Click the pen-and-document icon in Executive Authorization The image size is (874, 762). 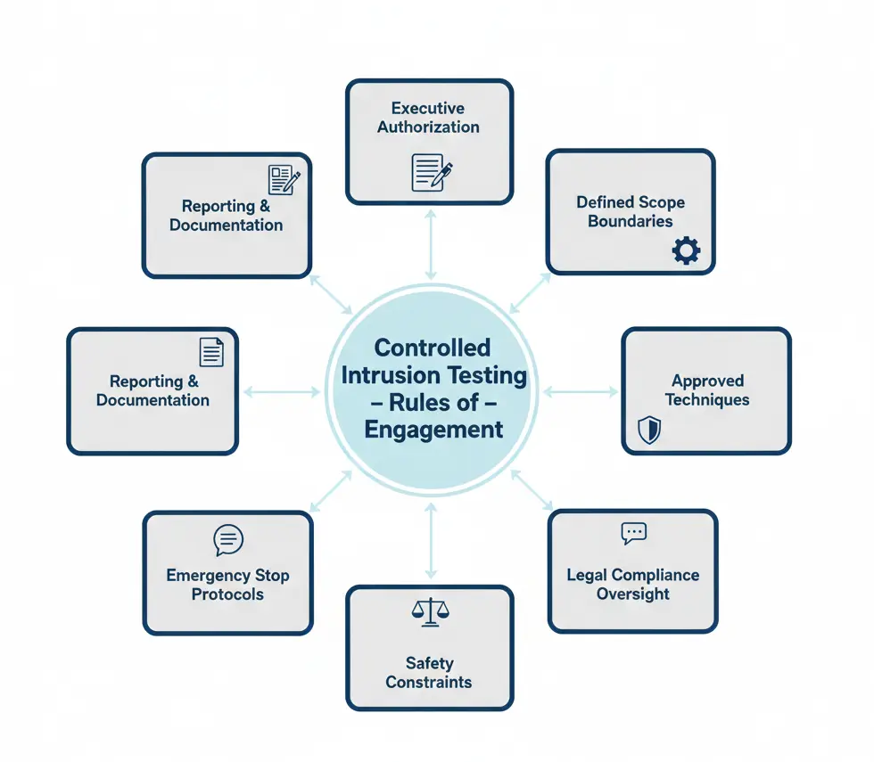click(x=432, y=172)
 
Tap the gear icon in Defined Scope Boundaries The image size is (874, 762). click(x=686, y=251)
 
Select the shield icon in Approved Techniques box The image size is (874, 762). click(x=649, y=430)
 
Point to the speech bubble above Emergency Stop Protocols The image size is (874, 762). click(x=228, y=540)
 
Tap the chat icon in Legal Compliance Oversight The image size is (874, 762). click(x=633, y=534)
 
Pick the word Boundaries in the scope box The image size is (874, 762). click(x=630, y=221)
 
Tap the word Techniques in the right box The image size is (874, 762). click(x=706, y=400)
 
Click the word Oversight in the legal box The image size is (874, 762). click(x=632, y=594)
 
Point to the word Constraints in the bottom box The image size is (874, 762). click(x=429, y=682)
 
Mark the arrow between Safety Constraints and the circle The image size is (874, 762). click(x=431, y=540)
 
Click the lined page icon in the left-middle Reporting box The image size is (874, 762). click(x=211, y=351)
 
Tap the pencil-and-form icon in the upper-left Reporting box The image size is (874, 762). click(x=284, y=180)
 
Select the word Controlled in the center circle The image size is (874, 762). click(x=433, y=347)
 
